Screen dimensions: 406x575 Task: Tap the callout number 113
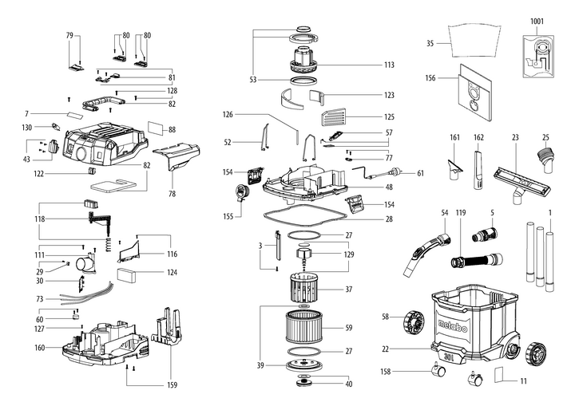[389, 65]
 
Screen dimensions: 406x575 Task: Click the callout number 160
[41, 347]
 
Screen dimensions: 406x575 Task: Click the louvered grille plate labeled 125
[333, 116]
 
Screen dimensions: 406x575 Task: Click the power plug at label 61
[392, 171]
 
